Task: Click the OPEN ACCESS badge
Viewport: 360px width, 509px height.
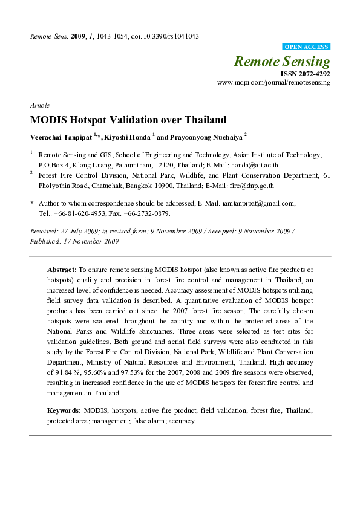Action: (x=306, y=47)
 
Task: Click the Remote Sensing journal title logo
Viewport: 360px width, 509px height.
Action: (x=282, y=61)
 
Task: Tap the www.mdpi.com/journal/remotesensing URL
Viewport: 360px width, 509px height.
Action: (x=273, y=82)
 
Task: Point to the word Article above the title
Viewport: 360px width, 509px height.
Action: (x=39, y=105)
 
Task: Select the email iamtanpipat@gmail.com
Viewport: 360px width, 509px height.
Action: (x=258, y=204)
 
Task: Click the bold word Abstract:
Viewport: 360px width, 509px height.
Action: (x=62, y=268)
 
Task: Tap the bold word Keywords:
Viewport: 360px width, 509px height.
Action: (x=65, y=410)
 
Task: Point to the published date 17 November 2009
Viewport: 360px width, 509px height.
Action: (x=92, y=241)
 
